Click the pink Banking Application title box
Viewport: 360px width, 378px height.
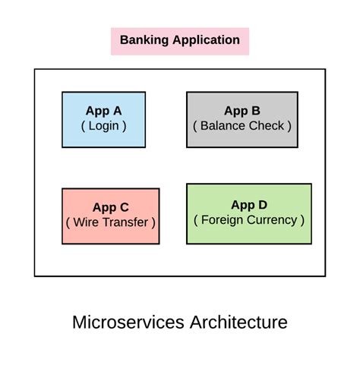(x=179, y=41)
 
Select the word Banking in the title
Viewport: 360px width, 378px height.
(x=144, y=40)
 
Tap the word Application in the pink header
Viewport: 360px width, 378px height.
(x=205, y=41)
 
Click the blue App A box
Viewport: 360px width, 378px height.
(x=103, y=119)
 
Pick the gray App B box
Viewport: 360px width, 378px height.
(x=242, y=119)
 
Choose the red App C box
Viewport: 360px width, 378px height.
(x=111, y=216)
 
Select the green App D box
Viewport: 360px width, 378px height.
(x=248, y=213)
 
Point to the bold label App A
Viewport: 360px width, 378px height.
(x=103, y=111)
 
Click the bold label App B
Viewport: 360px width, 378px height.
(x=242, y=111)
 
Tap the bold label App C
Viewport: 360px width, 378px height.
(x=111, y=207)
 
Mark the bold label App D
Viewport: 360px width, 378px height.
(x=248, y=205)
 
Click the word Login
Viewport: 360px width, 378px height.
(x=103, y=126)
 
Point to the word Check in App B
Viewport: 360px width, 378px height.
(x=263, y=126)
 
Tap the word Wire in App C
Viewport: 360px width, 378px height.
(x=86, y=222)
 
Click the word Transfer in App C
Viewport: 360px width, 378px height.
(x=125, y=222)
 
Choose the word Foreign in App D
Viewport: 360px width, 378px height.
(x=223, y=220)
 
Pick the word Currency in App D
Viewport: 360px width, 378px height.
(x=271, y=220)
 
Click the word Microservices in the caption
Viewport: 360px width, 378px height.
(x=128, y=322)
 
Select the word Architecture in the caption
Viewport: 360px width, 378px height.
(x=238, y=322)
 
